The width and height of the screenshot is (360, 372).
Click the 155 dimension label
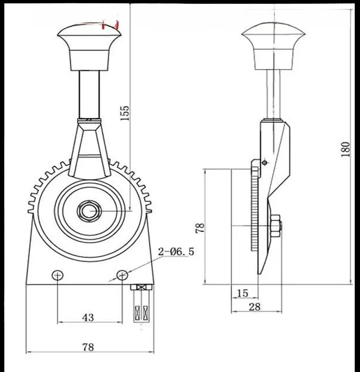[x=125, y=113]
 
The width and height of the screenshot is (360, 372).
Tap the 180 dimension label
[x=346, y=149]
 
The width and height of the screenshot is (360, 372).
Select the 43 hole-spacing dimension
[x=88, y=317]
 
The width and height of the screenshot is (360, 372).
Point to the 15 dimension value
[x=242, y=293]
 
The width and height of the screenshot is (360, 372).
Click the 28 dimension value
[x=255, y=307]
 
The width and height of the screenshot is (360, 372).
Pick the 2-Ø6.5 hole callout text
[x=176, y=251]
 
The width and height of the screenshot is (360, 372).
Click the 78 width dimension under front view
[x=88, y=347]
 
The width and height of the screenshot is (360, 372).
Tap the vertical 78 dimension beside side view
[x=200, y=228]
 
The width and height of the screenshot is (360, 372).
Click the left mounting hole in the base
[x=58, y=275]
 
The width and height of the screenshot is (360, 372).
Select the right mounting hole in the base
[x=122, y=275]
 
